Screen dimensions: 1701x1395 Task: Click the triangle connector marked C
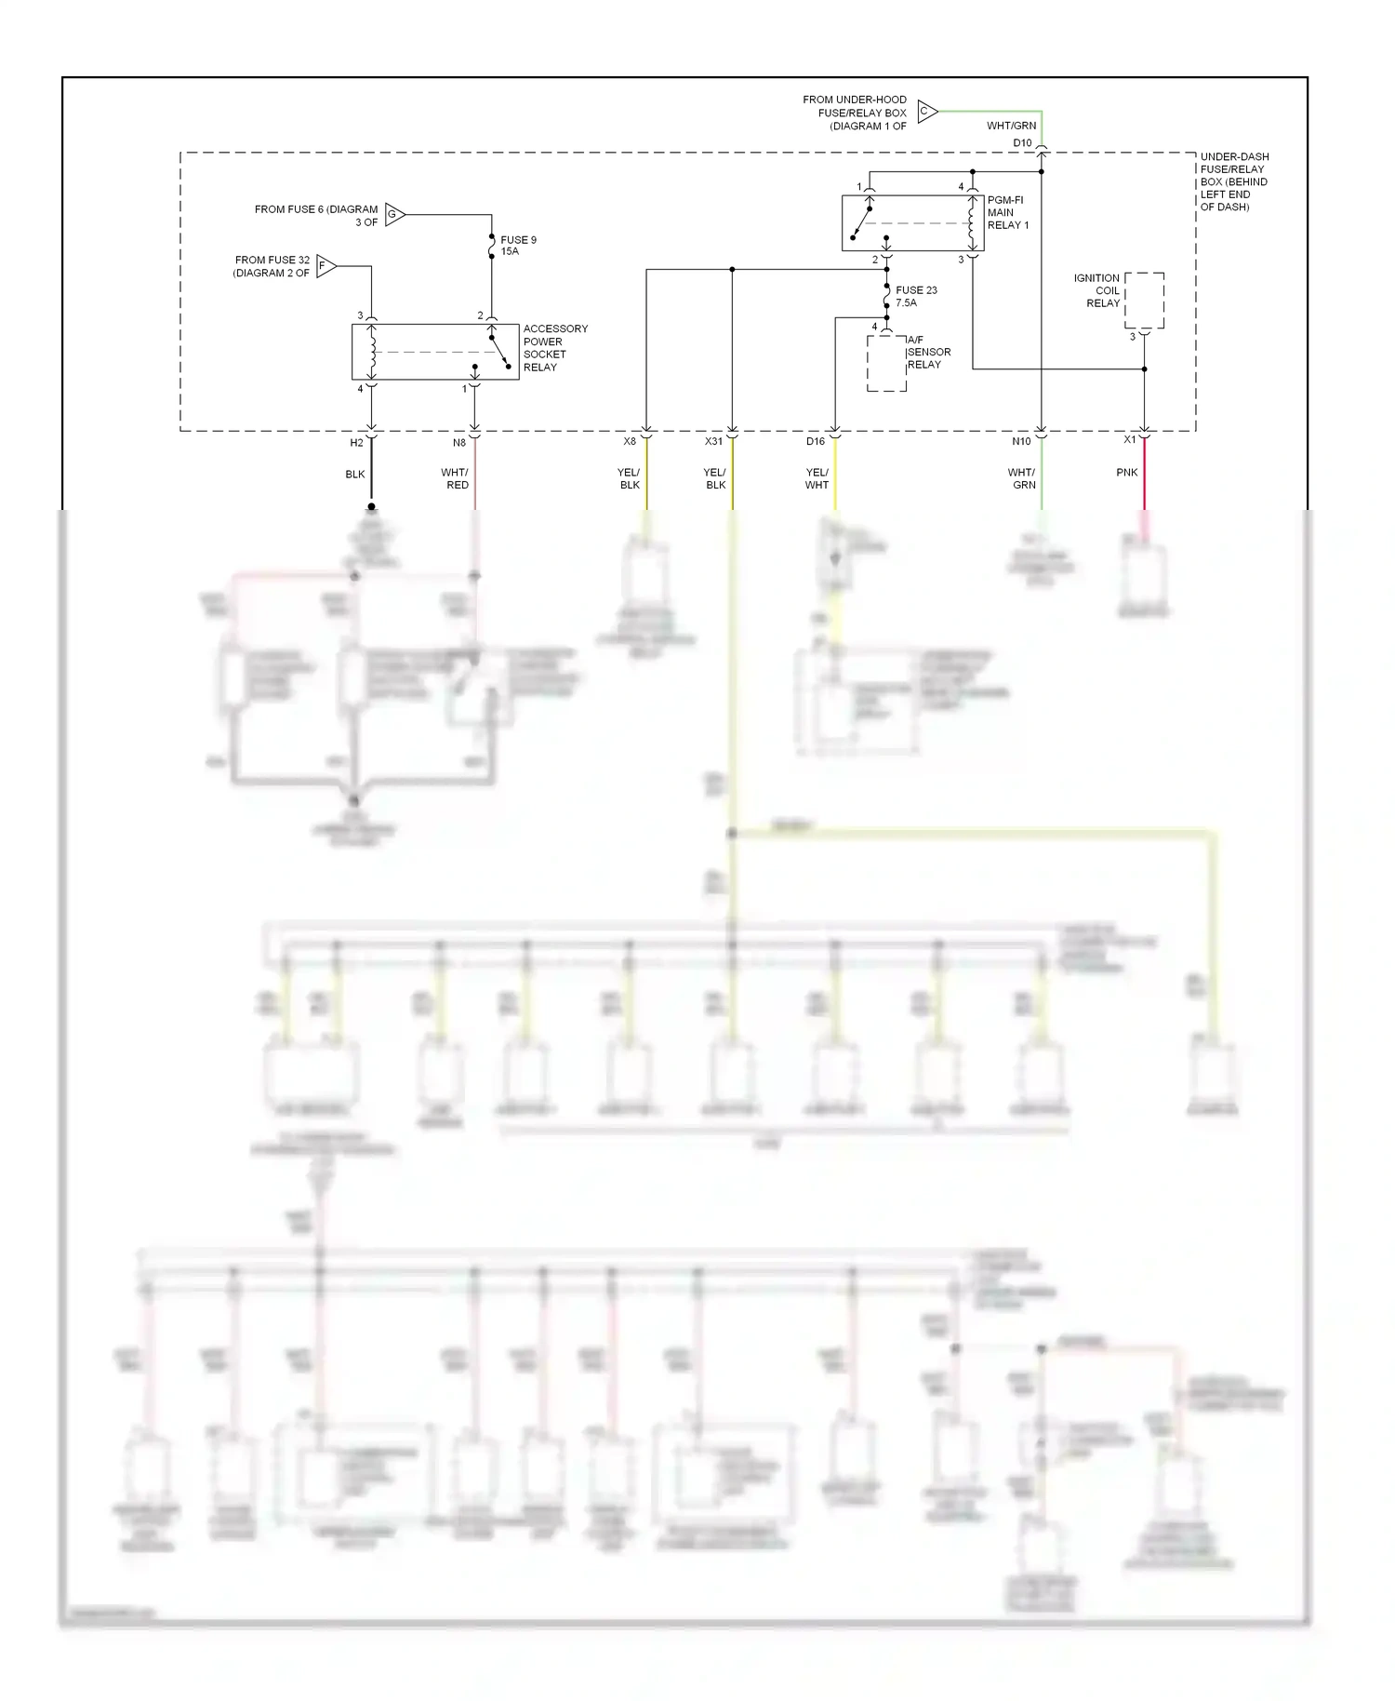coord(926,112)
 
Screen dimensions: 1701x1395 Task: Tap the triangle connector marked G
coord(393,215)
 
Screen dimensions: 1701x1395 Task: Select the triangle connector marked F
coord(325,266)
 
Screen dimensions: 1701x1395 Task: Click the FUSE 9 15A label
coord(516,246)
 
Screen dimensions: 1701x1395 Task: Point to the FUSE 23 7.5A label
coord(915,296)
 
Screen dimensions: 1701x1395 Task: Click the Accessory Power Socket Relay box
coord(434,352)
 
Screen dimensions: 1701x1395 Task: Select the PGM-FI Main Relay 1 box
coord(911,222)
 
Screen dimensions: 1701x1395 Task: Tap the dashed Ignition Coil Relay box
coord(1144,300)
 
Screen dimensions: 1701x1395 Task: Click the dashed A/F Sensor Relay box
coord(886,363)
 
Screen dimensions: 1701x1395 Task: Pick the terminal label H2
coord(356,443)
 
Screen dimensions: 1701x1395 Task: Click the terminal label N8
coord(459,443)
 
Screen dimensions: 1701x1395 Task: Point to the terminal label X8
coord(630,441)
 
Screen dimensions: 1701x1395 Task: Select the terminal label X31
coord(713,441)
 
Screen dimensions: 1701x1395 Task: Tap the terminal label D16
coord(815,441)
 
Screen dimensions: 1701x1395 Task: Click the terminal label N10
coord(1021,441)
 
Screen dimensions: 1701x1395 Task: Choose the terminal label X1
coord(1129,439)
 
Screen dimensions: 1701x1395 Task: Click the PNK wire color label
coord(1126,473)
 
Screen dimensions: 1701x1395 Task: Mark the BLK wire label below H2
coord(354,475)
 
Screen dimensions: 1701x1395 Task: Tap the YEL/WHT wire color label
coord(817,478)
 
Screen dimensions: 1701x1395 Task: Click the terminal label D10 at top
coord(1022,142)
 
